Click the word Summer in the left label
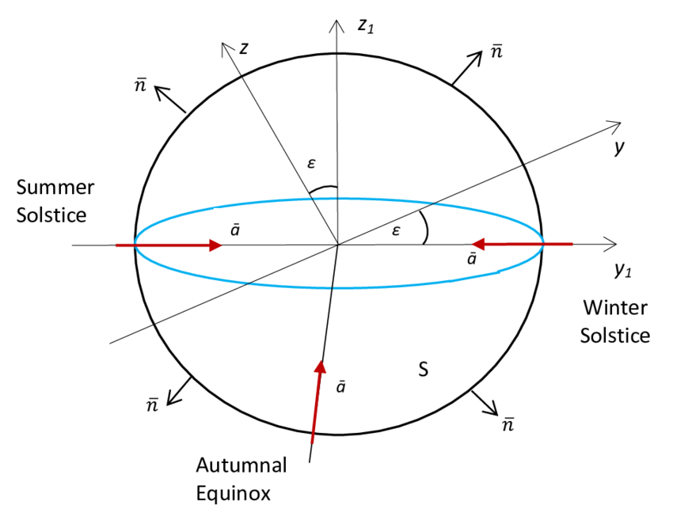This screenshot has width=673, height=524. point(55,188)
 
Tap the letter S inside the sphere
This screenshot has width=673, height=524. point(424,369)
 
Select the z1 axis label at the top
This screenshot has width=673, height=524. point(365,25)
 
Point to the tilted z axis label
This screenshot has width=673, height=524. point(245,48)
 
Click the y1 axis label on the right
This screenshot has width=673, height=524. point(625,269)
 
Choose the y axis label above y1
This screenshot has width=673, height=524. point(619,147)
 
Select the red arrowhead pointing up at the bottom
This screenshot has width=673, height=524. point(320,367)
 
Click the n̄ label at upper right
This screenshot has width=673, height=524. point(496,52)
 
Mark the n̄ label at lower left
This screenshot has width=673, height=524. point(153,404)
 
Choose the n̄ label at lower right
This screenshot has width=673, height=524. point(508,425)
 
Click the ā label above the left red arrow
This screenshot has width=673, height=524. point(235,229)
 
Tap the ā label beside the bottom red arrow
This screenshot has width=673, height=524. point(341,388)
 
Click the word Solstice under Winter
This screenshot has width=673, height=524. point(615,335)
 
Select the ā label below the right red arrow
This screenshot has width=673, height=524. point(471,260)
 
